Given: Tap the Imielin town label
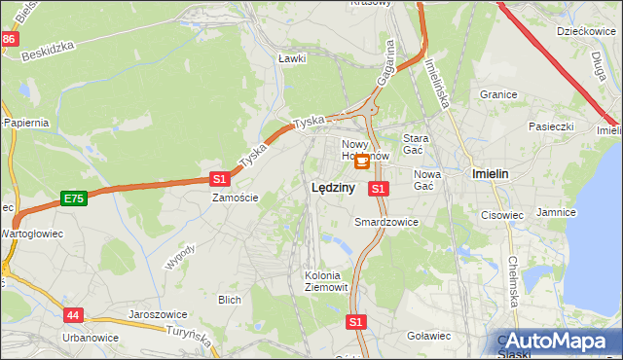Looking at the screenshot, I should pyautogui.click(x=490, y=173).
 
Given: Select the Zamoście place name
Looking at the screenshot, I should pyautogui.click(x=236, y=197).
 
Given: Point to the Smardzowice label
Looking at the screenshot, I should pyautogui.click(x=386, y=222).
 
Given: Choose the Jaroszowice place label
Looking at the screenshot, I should pyautogui.click(x=157, y=314).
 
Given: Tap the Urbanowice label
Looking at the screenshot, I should pyautogui.click(x=91, y=338).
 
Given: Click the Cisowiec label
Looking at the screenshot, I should pyautogui.click(x=502, y=215).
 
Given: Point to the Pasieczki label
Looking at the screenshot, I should pyautogui.click(x=552, y=126).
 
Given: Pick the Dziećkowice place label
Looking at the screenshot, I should pyautogui.click(x=583, y=31).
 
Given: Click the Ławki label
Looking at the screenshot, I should pyautogui.click(x=292, y=58).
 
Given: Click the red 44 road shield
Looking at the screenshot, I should pyautogui.click(x=74, y=315).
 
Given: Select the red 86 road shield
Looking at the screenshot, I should pyautogui.click(x=9, y=39).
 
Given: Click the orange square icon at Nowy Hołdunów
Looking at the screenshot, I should pyautogui.click(x=362, y=162).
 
